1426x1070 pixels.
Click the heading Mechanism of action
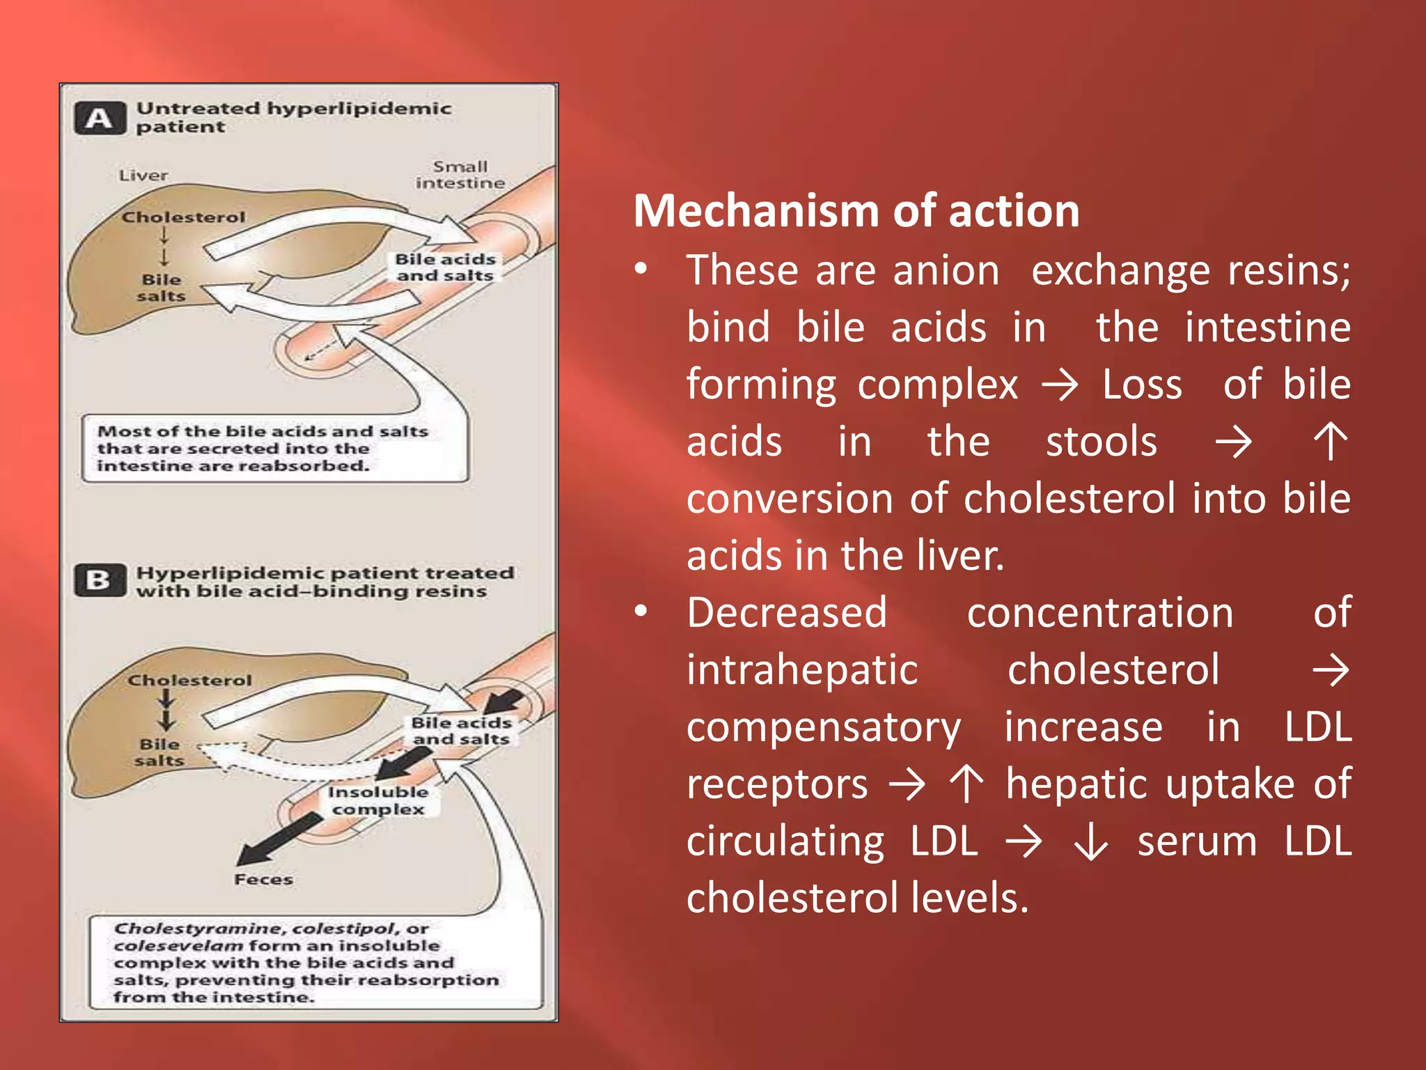(856, 210)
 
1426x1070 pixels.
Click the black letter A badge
(100, 118)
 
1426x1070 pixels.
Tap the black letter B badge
(100, 580)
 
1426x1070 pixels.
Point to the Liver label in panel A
(143, 176)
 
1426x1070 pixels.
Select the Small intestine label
(460, 175)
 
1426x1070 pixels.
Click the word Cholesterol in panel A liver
(183, 217)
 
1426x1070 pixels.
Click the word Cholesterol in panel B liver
(189, 681)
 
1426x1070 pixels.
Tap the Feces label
(263, 880)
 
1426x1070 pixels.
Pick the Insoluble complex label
(378, 800)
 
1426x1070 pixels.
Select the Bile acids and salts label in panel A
(445, 267)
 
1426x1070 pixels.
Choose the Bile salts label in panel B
(159, 752)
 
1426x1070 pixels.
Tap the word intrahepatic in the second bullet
(801, 670)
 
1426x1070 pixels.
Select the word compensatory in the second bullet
(823, 727)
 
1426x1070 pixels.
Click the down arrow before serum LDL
(1090, 842)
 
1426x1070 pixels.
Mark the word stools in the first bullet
(1101, 442)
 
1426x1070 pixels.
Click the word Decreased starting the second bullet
(786, 613)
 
